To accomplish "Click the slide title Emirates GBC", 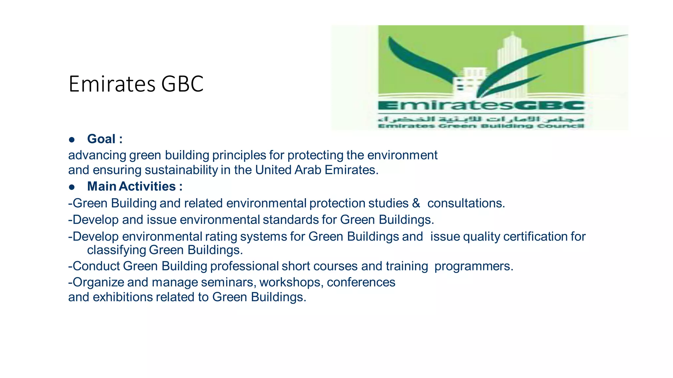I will pos(136,84).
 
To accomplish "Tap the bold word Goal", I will pos(101,139).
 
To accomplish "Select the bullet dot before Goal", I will pos(72,140).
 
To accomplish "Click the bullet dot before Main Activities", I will pos(72,187).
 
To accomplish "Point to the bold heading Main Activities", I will pos(132,186).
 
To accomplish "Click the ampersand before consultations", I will pos(416,203).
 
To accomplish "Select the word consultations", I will pos(466,203).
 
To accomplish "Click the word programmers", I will pos(474,266).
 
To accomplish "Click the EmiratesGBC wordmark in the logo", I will pos(481,106).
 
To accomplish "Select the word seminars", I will pos(228,282).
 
